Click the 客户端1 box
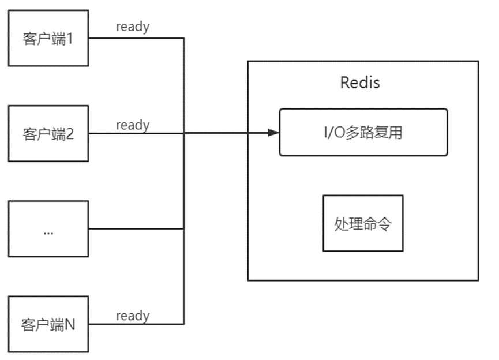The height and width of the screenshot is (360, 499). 48,38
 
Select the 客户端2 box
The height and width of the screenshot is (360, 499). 48,133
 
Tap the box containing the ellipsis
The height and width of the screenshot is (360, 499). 48,228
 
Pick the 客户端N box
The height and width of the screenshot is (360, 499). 48,324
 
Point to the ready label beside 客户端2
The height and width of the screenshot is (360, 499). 132,125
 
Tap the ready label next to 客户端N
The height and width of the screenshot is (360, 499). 132,316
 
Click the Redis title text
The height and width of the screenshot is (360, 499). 360,82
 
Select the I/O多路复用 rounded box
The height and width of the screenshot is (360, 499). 363,132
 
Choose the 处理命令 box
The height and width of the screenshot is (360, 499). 363,223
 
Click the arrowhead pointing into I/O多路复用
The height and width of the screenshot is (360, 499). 273,133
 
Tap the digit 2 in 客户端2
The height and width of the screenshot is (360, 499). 70,134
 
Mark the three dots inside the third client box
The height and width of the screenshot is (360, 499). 48,232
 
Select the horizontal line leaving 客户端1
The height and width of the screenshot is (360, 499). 136,38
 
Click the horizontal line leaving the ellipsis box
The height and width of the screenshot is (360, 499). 136,228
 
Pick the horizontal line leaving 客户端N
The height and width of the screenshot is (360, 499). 136,324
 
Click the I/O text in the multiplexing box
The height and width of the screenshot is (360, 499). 334,133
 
